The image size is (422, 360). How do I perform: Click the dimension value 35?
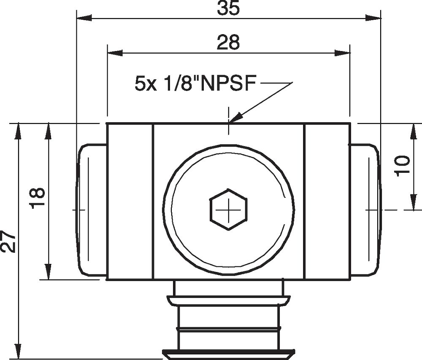(228, 8)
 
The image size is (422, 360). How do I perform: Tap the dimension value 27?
(9, 242)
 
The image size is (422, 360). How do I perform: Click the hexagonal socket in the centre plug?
(228, 209)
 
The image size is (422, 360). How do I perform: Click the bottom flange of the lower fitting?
(228, 353)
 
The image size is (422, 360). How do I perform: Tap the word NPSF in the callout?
(228, 84)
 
